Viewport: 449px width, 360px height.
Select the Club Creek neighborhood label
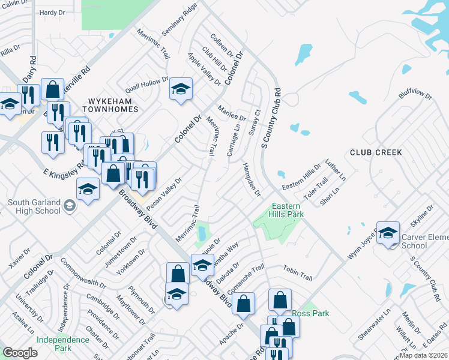point(376,152)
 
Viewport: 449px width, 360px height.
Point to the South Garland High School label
point(34,206)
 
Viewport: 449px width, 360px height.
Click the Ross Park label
point(311,313)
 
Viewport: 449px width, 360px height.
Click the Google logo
point(20,353)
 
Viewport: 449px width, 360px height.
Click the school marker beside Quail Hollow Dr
point(181,90)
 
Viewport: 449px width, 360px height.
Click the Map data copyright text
point(424,355)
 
